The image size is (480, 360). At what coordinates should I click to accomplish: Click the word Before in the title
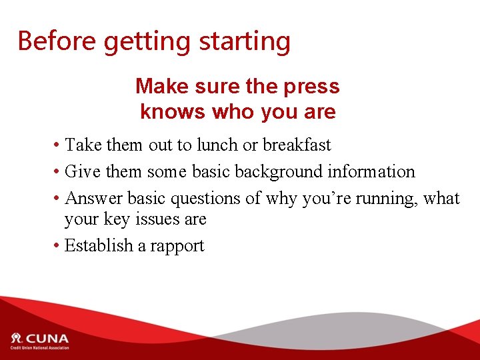point(57,41)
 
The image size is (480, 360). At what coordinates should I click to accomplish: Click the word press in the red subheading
point(311,87)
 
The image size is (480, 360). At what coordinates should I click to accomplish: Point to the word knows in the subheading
point(173,111)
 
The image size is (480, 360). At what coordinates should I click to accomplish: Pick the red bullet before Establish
point(59,246)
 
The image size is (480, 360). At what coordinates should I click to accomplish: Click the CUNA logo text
point(47,338)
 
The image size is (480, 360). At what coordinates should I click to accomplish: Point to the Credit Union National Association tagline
point(39,348)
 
